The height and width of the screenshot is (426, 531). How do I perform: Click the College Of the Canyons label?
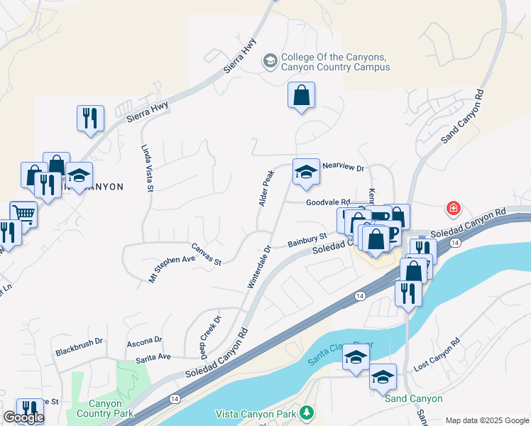coord(335,62)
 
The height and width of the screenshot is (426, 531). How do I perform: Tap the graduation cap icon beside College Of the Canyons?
coord(270,62)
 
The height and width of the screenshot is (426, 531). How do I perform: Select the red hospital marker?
coord(452,209)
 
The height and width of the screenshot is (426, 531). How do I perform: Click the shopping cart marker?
coord(23,213)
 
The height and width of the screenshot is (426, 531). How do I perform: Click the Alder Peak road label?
coord(266,188)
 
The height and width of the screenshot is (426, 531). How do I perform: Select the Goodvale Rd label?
coord(328,202)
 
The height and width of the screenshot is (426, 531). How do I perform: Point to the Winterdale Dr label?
coord(259,267)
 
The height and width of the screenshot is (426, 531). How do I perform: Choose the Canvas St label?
coord(206,254)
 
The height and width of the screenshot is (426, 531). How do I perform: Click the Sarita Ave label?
coord(153,356)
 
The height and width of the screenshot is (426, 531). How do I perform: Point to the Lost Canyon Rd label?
coord(437,354)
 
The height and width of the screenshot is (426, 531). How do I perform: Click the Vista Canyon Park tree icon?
coord(306,412)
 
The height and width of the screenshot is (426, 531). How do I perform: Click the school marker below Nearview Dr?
coord(306,173)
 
